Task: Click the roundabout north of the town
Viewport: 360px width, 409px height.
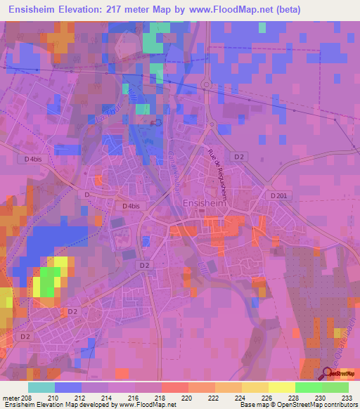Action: (x=206, y=85)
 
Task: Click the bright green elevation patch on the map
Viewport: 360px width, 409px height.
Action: (x=48, y=283)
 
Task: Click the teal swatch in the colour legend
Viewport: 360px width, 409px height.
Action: (x=41, y=387)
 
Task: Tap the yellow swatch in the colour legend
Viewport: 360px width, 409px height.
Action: (x=281, y=387)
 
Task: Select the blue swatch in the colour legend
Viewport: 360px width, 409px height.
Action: (x=67, y=387)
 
